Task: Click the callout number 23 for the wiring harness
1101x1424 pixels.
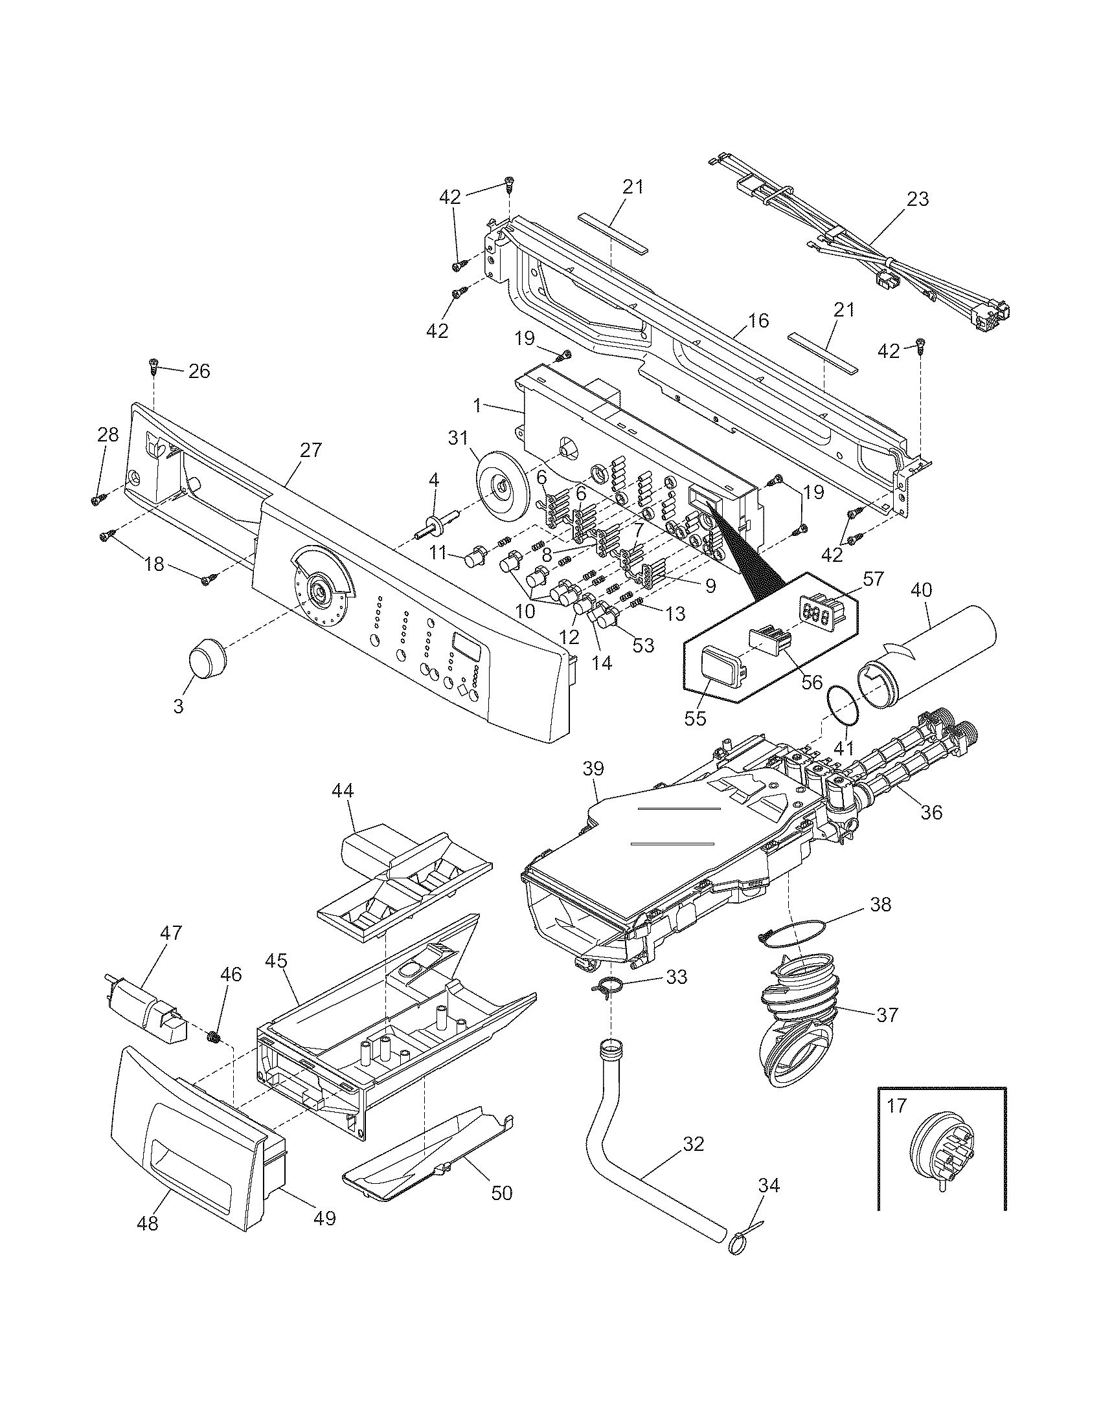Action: point(917,199)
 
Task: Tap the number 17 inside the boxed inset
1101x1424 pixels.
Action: point(898,1106)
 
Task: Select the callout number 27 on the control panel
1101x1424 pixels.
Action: point(311,449)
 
